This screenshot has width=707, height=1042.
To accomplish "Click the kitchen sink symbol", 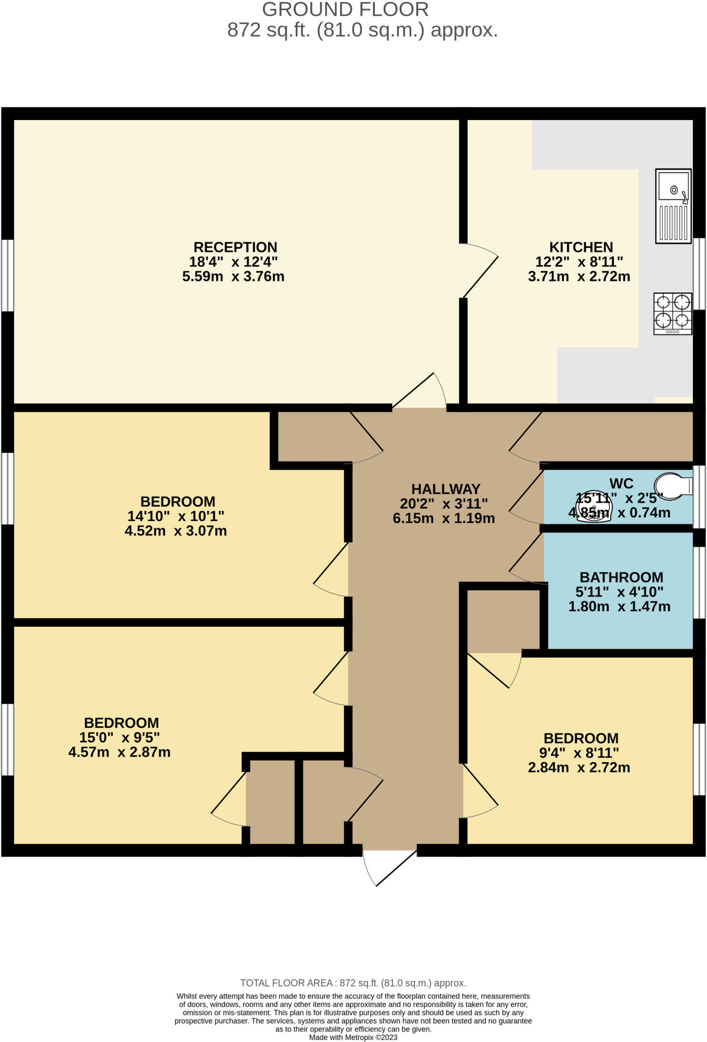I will point(673,206).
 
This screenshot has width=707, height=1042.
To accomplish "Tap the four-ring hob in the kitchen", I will point(672,313).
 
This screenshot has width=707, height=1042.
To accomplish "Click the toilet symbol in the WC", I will point(673,485).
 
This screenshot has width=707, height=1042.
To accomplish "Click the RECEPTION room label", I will point(235,247).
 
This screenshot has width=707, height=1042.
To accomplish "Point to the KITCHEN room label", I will point(580,247).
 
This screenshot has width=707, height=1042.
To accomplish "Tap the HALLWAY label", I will point(445,489).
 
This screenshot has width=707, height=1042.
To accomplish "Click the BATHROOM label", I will point(621,577).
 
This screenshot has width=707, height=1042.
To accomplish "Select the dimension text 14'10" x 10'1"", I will point(176,516).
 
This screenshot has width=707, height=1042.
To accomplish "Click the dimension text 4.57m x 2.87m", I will point(119,752).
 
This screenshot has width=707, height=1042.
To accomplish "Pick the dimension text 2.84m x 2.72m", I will point(579,767).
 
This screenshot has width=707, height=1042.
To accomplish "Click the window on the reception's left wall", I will point(7,275).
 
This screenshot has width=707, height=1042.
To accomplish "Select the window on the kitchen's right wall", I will point(699,274).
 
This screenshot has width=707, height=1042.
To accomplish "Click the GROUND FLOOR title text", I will point(345,10).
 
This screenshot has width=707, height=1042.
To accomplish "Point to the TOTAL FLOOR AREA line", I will point(353,983).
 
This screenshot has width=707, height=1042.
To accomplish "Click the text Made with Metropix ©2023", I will point(353,1037).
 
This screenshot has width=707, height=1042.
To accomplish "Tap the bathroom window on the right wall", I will point(699,583).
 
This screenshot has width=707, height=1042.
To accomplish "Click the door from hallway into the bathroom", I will point(527,558).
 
